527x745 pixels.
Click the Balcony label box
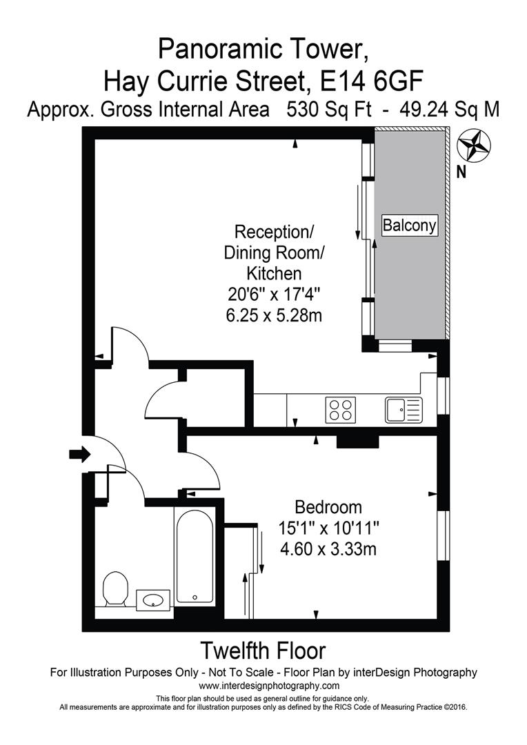[410, 225]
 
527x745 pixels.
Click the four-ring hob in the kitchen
[341, 410]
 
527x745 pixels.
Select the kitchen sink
[402, 410]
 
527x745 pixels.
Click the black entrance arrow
[79, 454]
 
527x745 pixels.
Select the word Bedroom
[328, 508]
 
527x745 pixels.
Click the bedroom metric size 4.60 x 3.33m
[328, 550]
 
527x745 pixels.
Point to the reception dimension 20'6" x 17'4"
[274, 295]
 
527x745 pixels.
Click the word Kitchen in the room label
[274, 274]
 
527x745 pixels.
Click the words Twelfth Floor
[262, 650]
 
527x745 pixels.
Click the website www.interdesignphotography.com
[269, 686]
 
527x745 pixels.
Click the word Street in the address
[261, 82]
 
